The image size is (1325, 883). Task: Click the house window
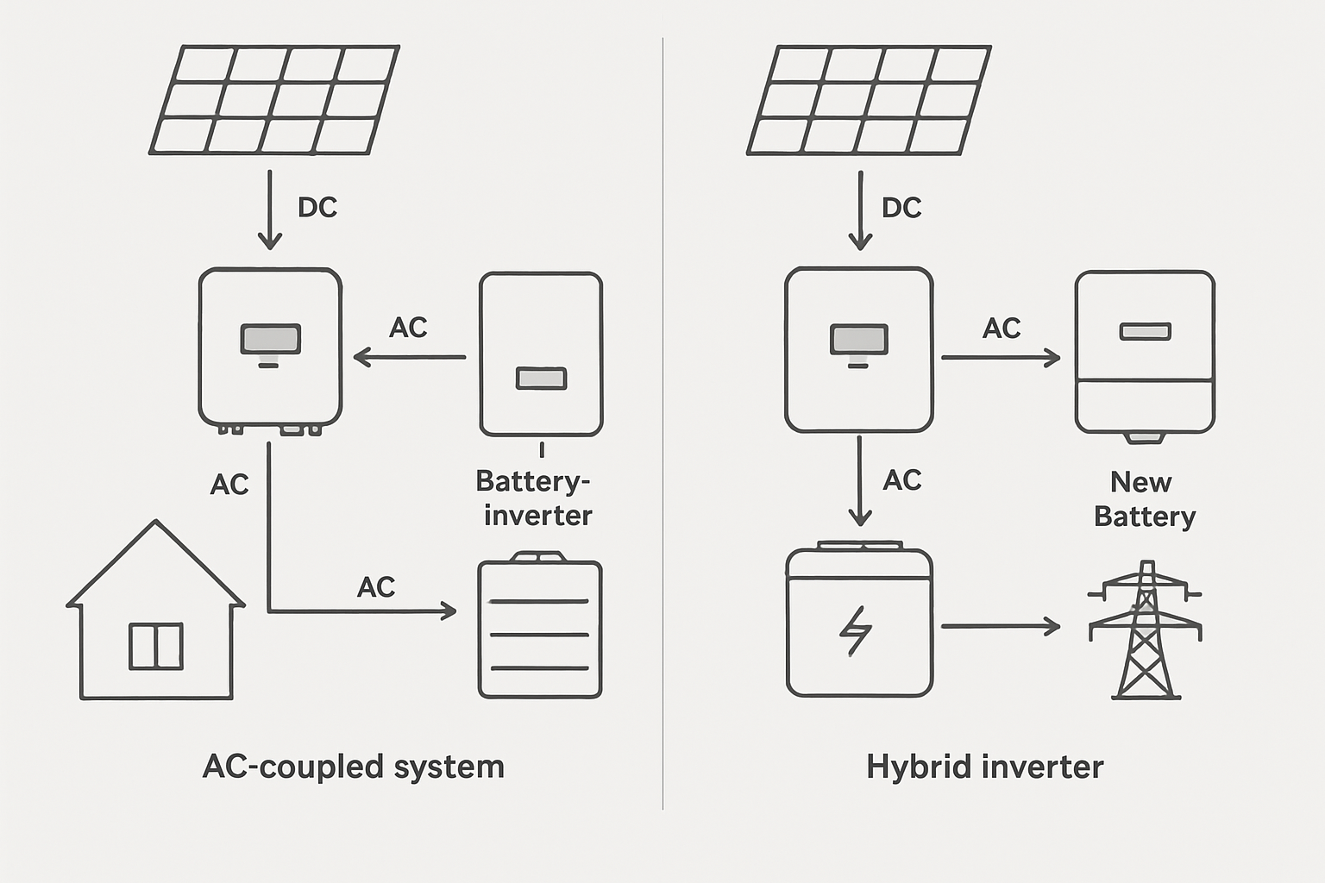(156, 646)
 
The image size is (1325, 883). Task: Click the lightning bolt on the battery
(856, 630)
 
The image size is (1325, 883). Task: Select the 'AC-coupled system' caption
(353, 767)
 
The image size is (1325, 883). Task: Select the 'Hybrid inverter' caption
(984, 767)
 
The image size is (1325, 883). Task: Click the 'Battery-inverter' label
(534, 498)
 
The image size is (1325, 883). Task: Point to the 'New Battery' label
(1144, 498)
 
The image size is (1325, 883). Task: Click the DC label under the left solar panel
(317, 207)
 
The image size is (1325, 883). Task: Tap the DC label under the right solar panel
(901, 207)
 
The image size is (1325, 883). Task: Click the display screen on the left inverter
(270, 339)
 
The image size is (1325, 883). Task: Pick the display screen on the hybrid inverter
(858, 339)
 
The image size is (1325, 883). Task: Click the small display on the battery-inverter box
(541, 378)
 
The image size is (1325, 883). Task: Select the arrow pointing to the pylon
(1001, 626)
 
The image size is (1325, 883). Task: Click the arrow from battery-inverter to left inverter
(409, 357)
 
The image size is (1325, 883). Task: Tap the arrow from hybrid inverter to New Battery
(1001, 357)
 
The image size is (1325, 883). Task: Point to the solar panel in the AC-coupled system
(274, 100)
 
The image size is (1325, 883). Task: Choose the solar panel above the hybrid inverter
(868, 100)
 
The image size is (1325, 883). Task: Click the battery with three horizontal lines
(540, 628)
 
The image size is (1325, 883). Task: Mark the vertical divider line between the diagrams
(662, 423)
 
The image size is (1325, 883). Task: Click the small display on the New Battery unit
(1145, 331)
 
